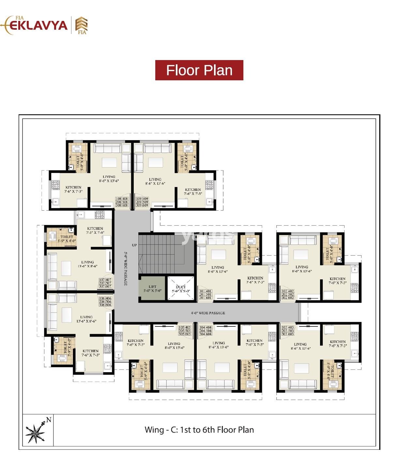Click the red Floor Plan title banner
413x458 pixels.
[199, 70]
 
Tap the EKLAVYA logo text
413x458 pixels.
[38, 25]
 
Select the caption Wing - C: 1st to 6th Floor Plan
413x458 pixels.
[199, 430]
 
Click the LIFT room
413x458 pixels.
[152, 289]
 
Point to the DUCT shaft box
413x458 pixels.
[181, 289]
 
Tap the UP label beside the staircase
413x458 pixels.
[134, 245]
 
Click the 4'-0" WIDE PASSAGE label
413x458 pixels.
[208, 313]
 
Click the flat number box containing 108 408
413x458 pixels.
[122, 202]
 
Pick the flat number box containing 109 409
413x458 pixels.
[142, 202]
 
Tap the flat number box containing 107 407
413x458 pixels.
[105, 283]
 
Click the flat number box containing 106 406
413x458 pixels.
[105, 301]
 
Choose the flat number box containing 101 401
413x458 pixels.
[205, 294]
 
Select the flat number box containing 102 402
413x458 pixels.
[287, 294]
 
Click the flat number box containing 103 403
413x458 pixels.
[287, 330]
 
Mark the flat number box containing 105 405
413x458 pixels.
[185, 330]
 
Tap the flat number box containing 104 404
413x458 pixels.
[205, 330]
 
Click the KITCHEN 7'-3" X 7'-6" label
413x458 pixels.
[95, 230]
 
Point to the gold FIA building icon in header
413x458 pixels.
[81, 25]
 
